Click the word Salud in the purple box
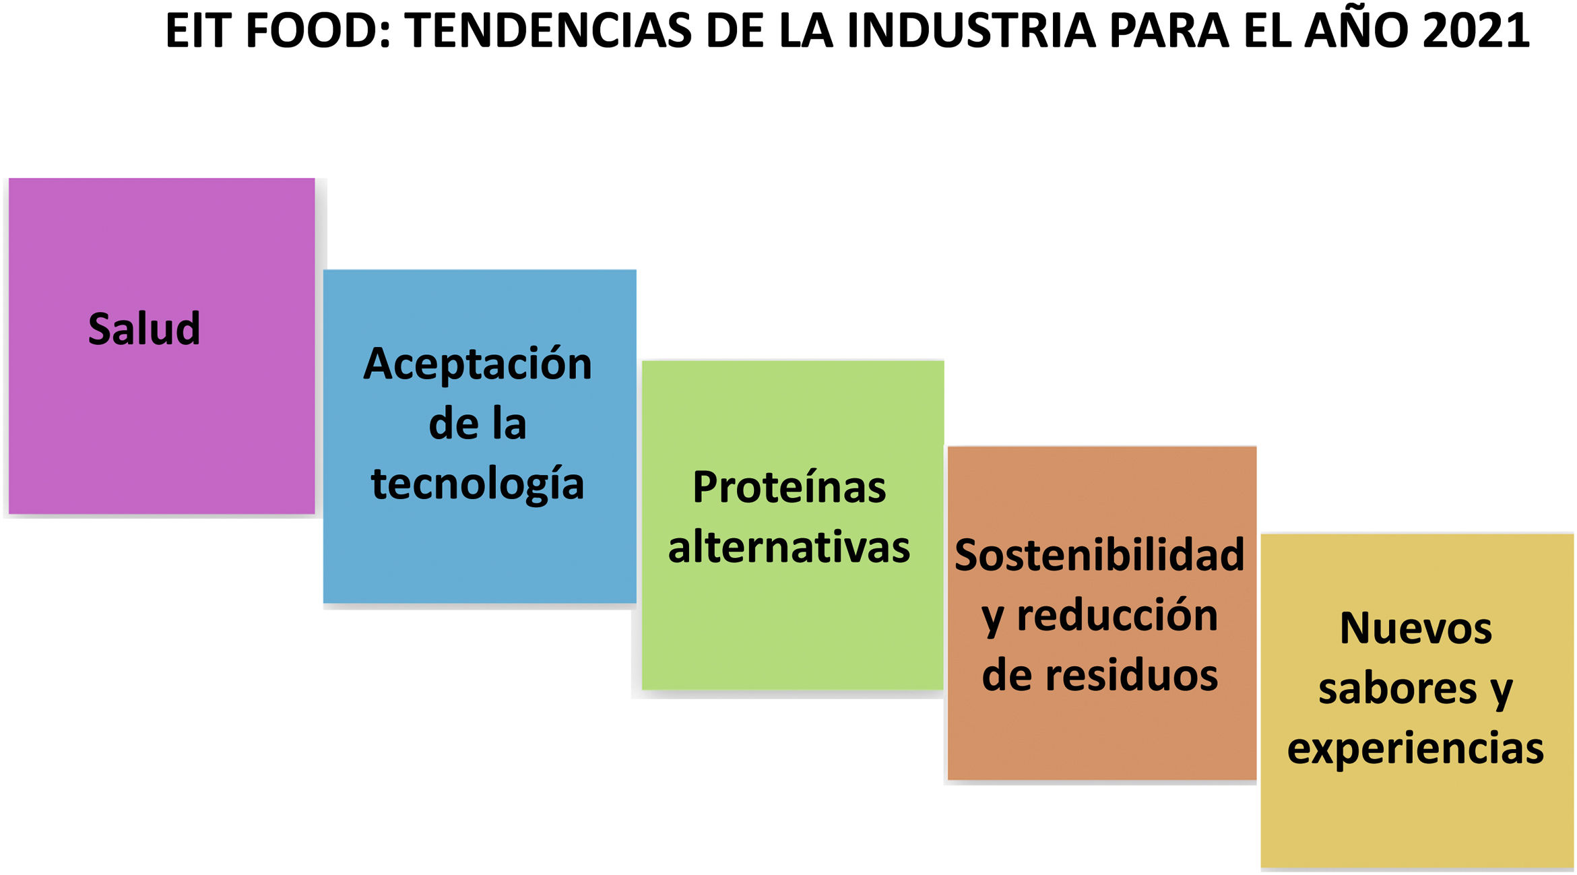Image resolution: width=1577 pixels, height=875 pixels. (x=144, y=329)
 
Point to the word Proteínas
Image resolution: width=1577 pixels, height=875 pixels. (x=789, y=486)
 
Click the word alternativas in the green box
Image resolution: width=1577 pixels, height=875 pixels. (x=789, y=546)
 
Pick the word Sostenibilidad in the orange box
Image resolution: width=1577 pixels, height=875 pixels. (x=1099, y=555)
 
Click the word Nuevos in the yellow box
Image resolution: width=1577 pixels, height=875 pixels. (x=1416, y=628)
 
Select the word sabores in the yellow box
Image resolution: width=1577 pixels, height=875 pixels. (x=1398, y=688)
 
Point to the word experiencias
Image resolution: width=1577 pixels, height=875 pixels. (x=1416, y=749)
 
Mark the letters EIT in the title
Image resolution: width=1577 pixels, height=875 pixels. (x=199, y=31)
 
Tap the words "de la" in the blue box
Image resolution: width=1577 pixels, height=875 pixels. (x=478, y=424)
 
